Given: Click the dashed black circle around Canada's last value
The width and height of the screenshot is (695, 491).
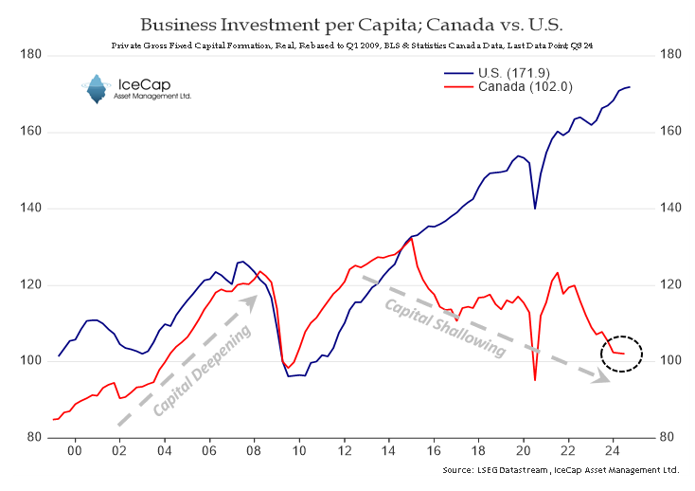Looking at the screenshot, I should click(x=622, y=354).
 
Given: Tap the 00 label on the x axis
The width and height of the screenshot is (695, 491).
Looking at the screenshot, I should click(x=75, y=452).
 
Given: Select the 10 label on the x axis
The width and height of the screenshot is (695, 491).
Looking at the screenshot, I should click(x=298, y=452).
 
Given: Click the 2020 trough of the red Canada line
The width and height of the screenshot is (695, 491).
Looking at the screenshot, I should click(x=535, y=380).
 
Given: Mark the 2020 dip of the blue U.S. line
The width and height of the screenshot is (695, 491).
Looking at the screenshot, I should click(x=535, y=208).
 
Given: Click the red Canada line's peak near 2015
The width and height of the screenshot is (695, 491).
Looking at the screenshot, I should click(x=411, y=238).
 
